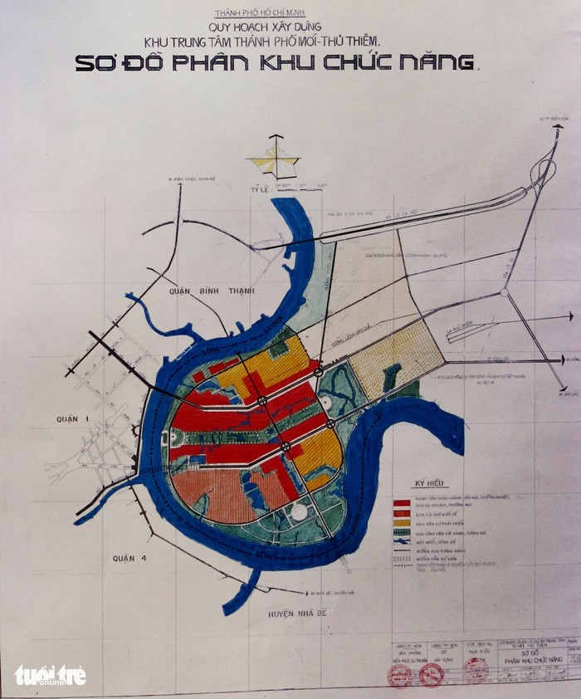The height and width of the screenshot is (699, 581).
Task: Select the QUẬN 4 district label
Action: pos(129,558)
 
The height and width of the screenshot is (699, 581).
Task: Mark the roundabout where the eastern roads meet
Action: pos(504,293)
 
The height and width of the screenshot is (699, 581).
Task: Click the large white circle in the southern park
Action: pos(298,512)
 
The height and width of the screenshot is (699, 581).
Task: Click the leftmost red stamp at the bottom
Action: pos(398,674)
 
